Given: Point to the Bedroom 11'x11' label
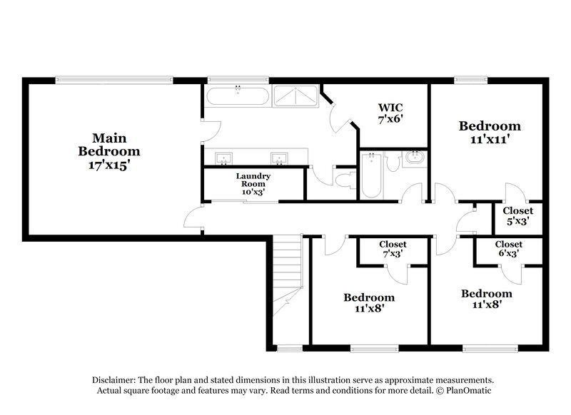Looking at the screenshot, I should point(490,133).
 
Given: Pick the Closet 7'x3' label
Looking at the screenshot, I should point(393,250).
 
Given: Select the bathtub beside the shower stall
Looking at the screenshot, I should point(238,96).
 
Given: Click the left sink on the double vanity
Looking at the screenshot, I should point(223,158).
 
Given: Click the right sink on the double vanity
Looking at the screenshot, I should point(278,158).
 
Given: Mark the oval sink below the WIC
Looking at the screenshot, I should point(413,158).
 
